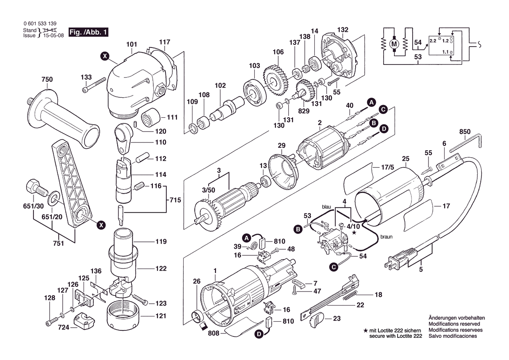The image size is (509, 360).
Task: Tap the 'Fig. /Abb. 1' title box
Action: click(x=90, y=33)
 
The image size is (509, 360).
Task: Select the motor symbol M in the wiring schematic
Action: click(x=394, y=44)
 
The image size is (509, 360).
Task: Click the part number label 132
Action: click(x=343, y=30)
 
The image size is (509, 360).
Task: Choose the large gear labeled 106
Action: click(x=273, y=80)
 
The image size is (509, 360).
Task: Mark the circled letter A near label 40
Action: click(x=371, y=102)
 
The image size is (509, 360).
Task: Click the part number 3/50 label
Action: click(x=208, y=190)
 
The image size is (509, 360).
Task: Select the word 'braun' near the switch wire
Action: click(x=386, y=237)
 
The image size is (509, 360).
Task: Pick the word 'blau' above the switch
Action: click(x=327, y=206)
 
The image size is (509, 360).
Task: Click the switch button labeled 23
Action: click(x=317, y=322)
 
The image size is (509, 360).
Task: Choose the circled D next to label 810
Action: click(x=258, y=335)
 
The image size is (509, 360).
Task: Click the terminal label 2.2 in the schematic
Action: click(x=433, y=40)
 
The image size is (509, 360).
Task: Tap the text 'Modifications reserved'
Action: click(x=454, y=324)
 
